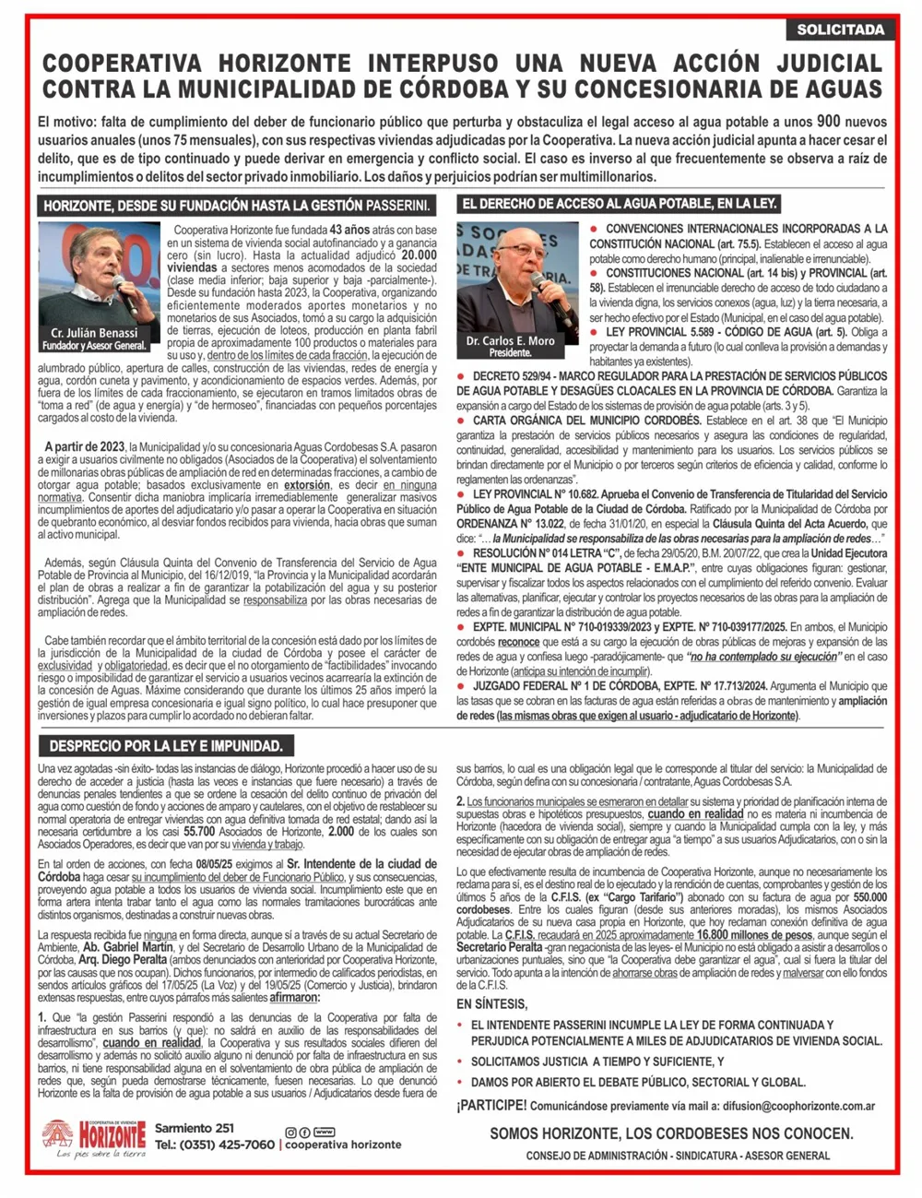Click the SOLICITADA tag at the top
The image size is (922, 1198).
click(x=840, y=30)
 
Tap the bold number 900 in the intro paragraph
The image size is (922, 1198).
click(x=828, y=121)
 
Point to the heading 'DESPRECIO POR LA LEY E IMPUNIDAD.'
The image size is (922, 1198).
click(x=166, y=745)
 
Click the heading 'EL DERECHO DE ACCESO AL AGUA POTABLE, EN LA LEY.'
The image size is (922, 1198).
click(x=619, y=203)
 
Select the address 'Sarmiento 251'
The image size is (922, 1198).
click(x=194, y=1128)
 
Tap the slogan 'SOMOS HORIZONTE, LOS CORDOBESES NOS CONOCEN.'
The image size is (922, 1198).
click(x=670, y=1133)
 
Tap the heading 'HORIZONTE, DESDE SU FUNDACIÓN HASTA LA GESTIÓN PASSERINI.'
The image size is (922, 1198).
click(x=236, y=205)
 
